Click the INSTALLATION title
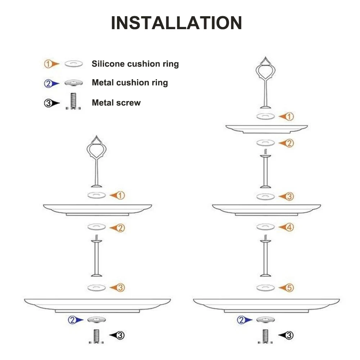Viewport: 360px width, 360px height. (x=176, y=23)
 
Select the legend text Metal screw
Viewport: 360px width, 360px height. (x=116, y=103)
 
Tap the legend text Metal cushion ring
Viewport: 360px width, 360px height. (x=130, y=83)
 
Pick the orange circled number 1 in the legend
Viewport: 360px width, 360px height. (x=48, y=64)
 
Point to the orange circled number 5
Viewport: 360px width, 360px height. (x=290, y=288)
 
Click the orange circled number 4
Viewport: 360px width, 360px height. (x=290, y=227)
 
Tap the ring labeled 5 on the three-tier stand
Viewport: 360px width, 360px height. (x=266, y=288)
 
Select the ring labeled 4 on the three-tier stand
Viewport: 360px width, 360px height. (x=266, y=227)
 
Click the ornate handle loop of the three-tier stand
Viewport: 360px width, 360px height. (x=265, y=68)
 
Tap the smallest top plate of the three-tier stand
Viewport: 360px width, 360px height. (x=266, y=129)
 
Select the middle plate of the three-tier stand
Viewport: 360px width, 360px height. (x=266, y=208)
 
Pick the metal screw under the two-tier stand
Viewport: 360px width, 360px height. (x=96, y=336)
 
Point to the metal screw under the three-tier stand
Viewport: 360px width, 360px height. (x=265, y=336)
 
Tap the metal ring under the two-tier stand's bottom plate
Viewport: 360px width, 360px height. (x=96, y=320)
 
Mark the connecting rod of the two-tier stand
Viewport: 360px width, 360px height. (x=96, y=257)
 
